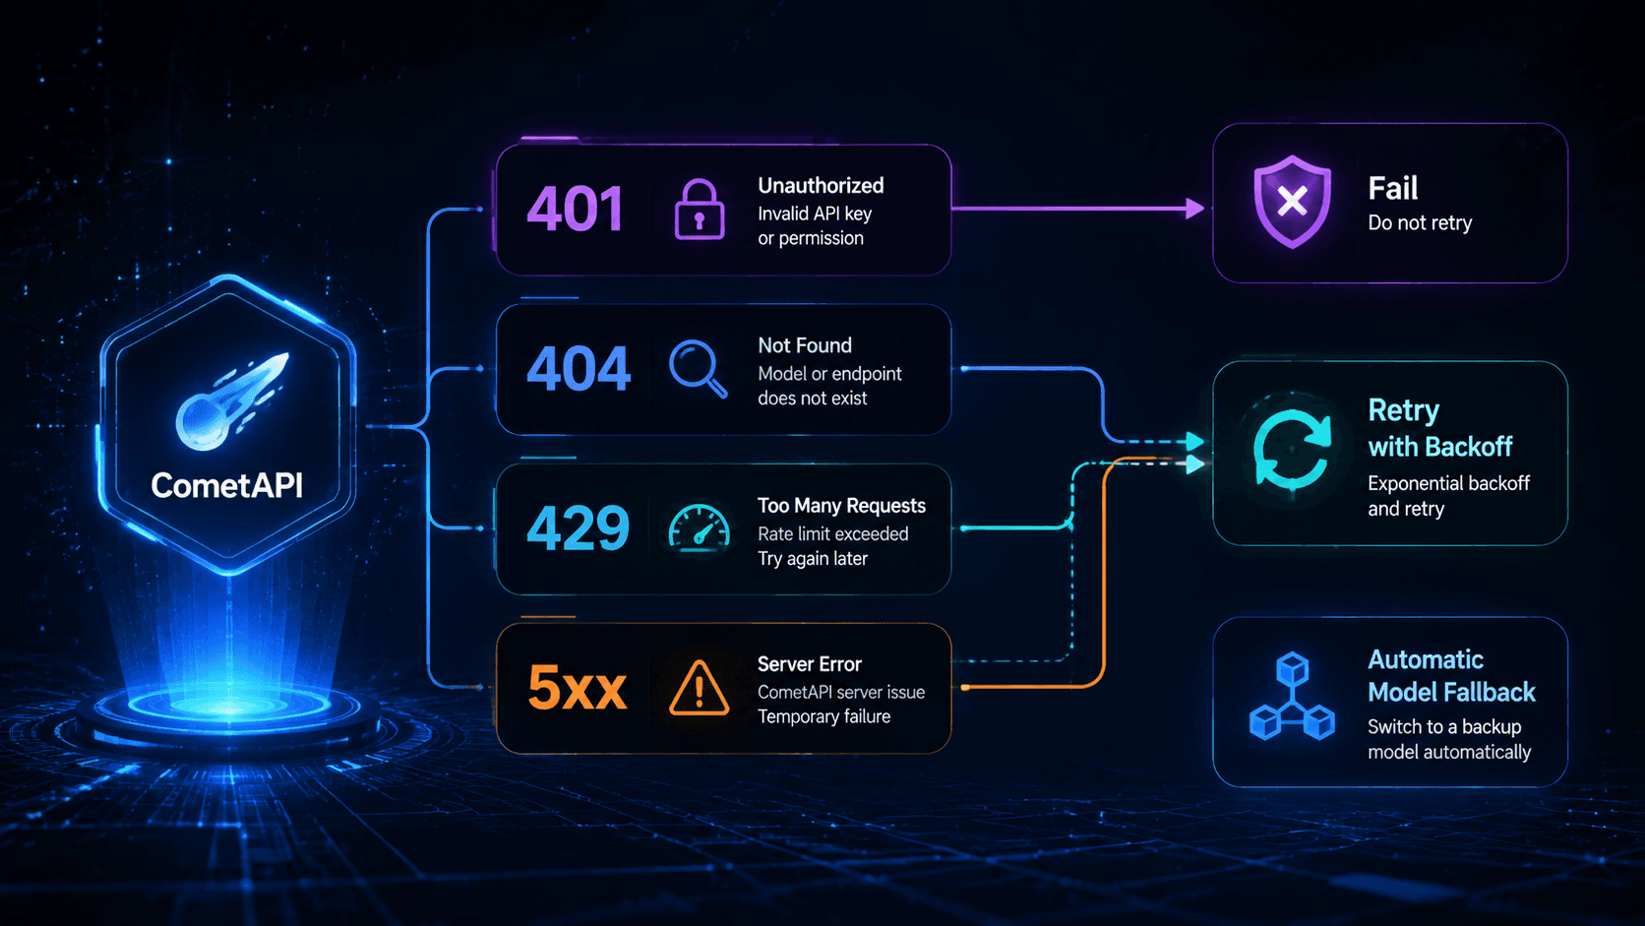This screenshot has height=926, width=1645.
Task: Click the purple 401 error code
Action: (x=575, y=209)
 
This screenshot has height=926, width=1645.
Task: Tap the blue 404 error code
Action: (x=578, y=368)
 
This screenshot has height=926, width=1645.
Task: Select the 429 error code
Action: (x=578, y=527)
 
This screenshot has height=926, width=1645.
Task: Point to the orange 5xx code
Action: (x=578, y=688)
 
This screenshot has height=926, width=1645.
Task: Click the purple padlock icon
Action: (x=700, y=210)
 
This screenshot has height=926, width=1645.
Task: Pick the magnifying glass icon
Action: (x=698, y=369)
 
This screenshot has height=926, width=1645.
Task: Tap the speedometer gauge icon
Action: (x=700, y=525)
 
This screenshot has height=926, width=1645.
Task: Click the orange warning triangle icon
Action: (x=700, y=687)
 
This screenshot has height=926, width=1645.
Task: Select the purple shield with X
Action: (x=1292, y=202)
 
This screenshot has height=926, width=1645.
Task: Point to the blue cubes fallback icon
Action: (x=1292, y=696)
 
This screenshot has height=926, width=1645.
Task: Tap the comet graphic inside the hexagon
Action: (x=231, y=401)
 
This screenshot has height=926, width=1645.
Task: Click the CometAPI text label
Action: (x=227, y=485)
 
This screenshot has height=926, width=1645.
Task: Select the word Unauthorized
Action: (x=821, y=186)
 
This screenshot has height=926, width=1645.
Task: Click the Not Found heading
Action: (x=804, y=345)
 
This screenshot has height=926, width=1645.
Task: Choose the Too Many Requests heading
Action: (x=841, y=505)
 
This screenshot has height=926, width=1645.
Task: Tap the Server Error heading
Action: (x=809, y=664)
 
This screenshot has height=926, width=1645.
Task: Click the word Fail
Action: (x=1392, y=188)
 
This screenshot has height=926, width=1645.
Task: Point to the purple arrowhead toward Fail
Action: (x=1194, y=209)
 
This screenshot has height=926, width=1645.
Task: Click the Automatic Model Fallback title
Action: (x=1451, y=676)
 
